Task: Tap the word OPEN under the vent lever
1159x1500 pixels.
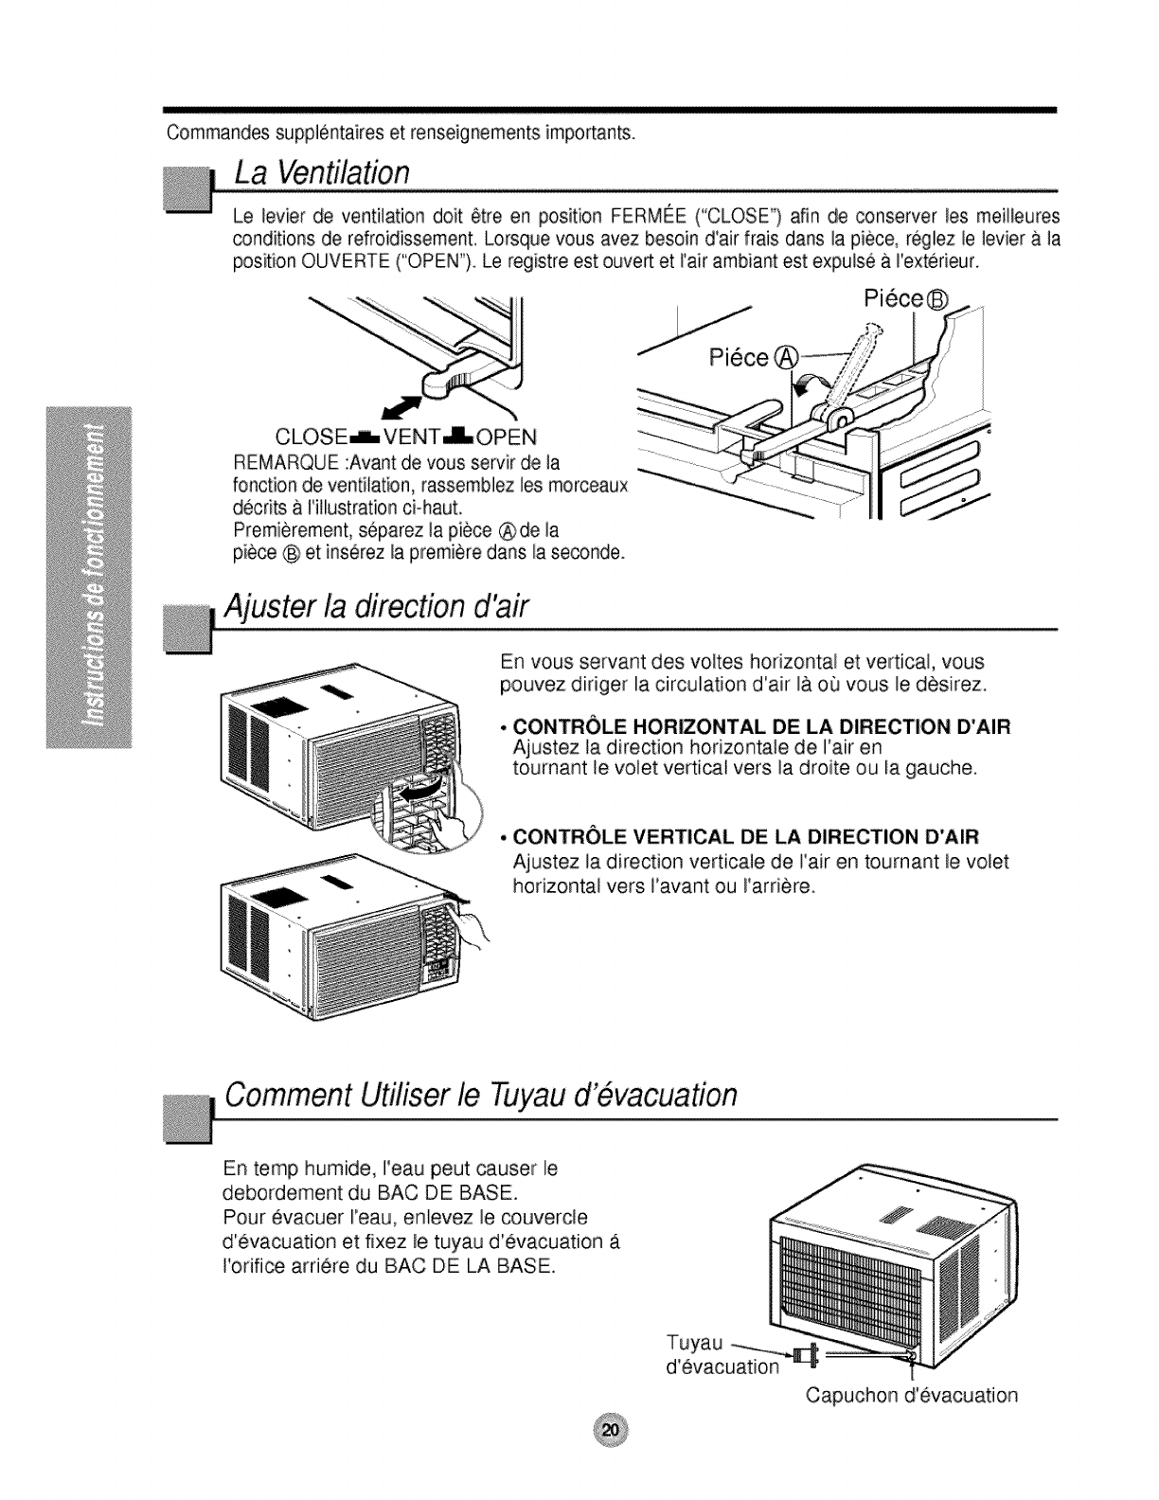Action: [x=507, y=437]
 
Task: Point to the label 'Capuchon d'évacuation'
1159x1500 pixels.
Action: [x=912, y=1395]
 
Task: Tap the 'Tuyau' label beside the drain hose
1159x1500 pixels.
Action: [x=695, y=1343]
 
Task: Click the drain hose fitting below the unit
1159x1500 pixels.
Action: [x=808, y=1356]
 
